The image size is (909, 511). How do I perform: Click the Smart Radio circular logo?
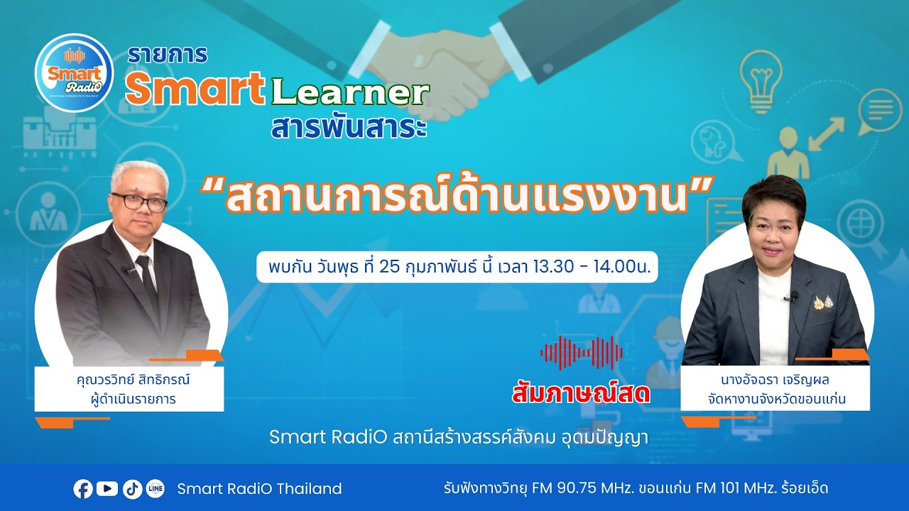[x=74, y=72]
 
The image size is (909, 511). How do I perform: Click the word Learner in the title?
[x=350, y=92]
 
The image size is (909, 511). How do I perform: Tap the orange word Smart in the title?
[x=195, y=89]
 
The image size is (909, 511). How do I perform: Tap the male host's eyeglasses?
[x=138, y=201]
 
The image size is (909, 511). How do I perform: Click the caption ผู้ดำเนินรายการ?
[x=134, y=399]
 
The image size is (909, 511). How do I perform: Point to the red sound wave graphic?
[x=581, y=353]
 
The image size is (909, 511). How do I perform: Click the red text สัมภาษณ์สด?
[x=581, y=394]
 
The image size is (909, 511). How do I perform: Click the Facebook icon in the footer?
[x=83, y=488]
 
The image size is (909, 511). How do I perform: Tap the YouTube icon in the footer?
[x=107, y=488]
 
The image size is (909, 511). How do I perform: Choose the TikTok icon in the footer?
[x=132, y=488]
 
